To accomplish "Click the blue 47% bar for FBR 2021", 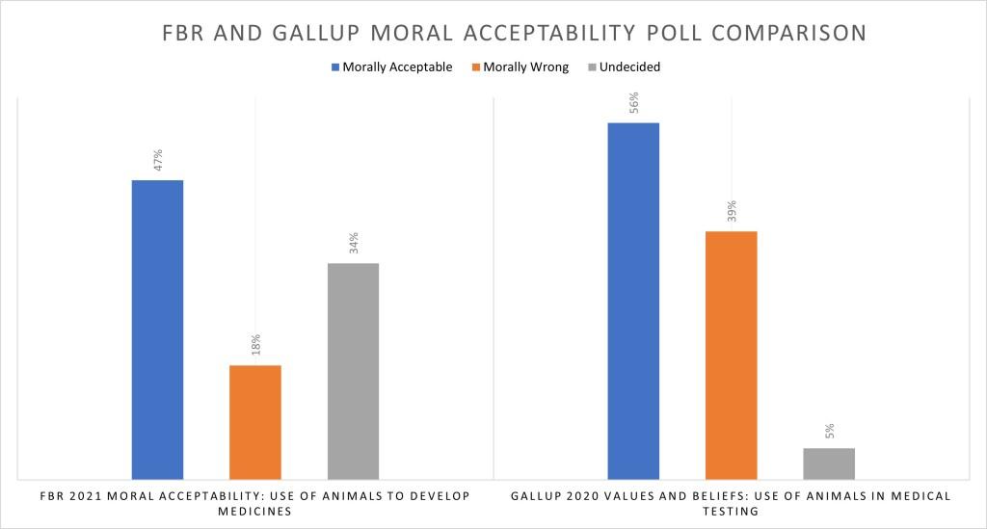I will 157,329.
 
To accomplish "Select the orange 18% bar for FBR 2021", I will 255,421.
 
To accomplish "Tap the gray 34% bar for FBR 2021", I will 353,370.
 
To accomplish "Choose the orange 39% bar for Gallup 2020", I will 731,355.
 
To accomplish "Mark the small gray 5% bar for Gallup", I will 829,463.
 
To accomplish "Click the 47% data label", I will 157,160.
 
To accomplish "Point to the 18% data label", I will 255,345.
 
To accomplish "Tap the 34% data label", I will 354,243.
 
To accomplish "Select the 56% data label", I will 633,103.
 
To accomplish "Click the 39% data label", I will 732,211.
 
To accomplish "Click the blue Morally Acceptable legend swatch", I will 335,67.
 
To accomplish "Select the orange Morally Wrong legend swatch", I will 474,67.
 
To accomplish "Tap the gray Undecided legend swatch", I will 591,67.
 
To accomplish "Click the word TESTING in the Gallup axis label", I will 731,512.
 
